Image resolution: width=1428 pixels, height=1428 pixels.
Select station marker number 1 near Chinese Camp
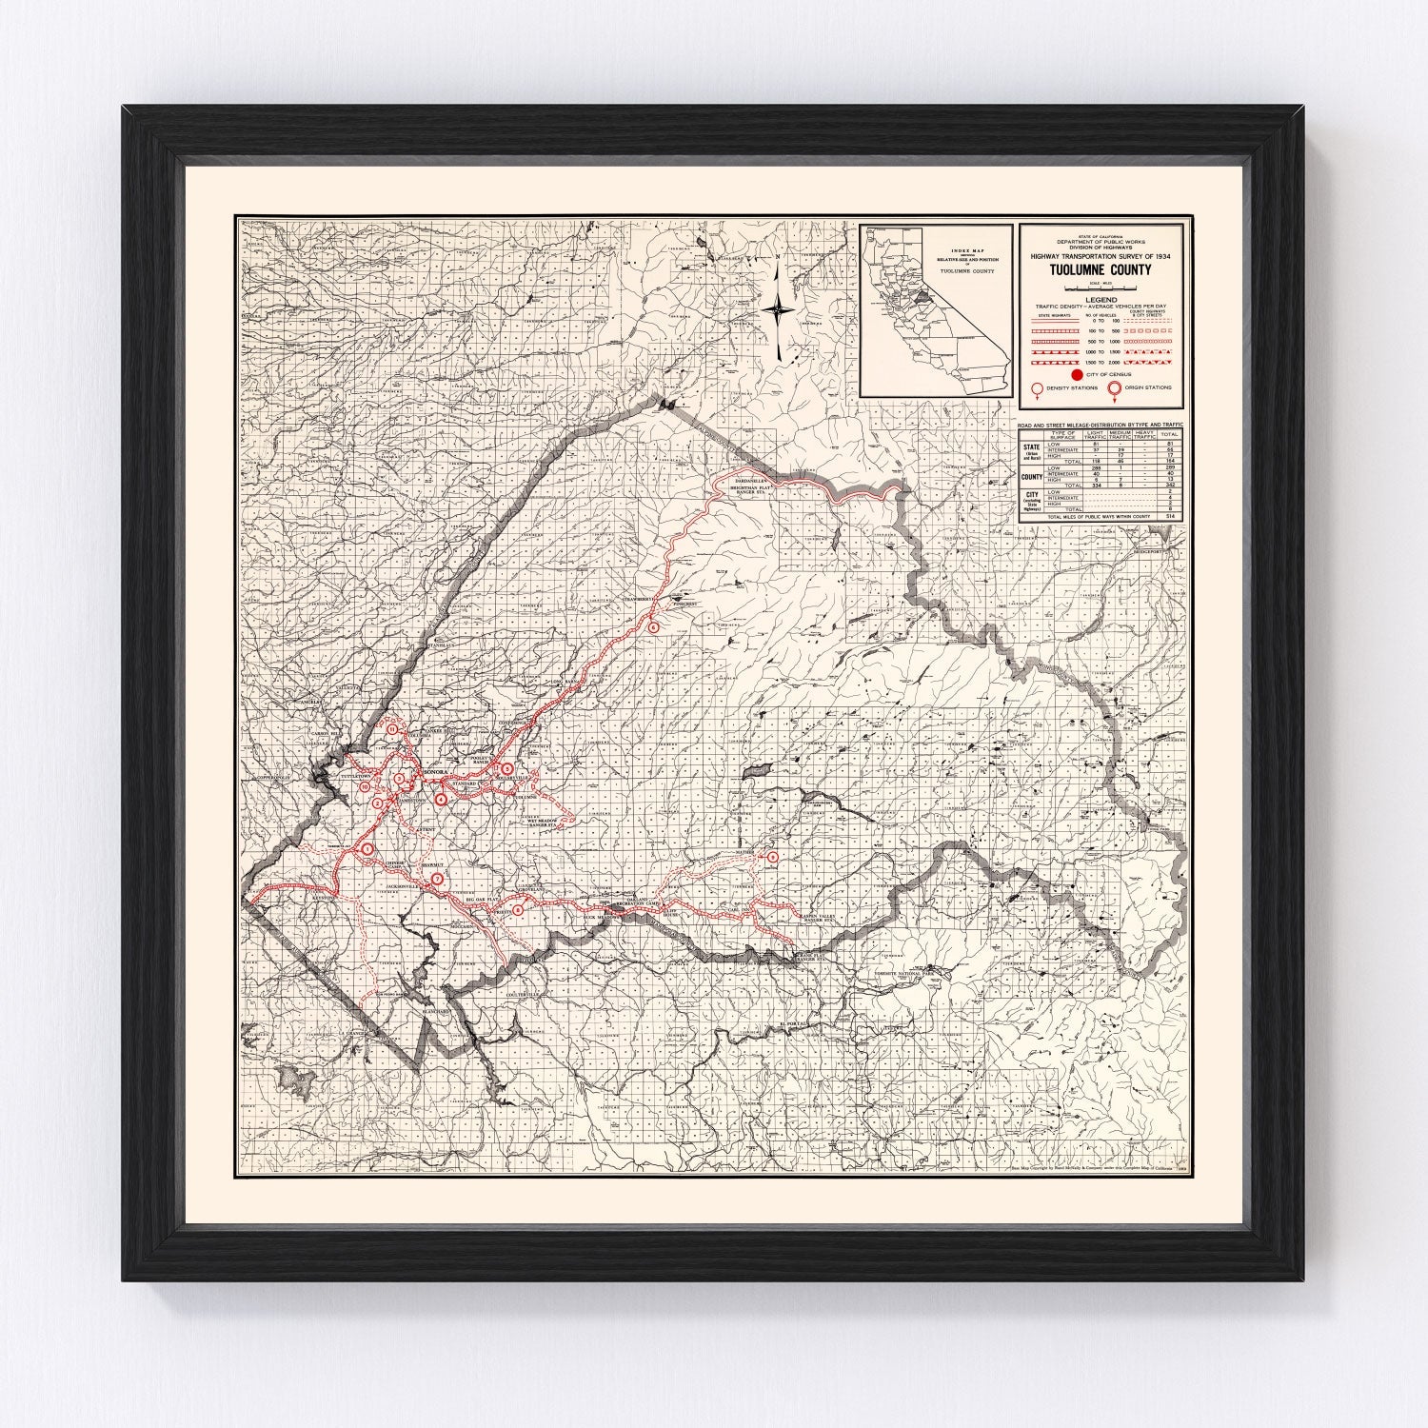367,848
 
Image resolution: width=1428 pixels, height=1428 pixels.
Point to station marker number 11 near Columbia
390,729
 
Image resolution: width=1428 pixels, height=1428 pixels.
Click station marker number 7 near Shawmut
437,879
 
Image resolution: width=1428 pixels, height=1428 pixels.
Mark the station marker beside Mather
772,858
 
